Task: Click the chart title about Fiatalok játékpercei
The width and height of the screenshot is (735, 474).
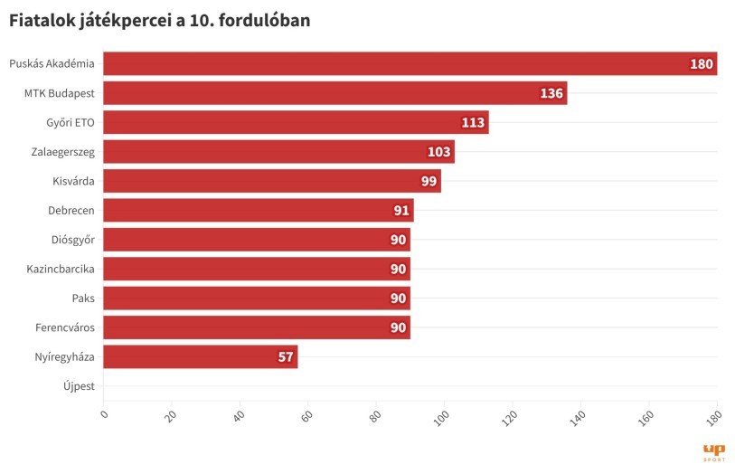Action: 160,20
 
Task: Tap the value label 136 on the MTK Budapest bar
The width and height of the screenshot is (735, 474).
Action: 551,93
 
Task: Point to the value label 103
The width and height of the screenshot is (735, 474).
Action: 438,152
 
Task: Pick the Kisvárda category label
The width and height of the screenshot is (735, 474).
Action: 73,181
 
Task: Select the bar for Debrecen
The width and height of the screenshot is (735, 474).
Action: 258,210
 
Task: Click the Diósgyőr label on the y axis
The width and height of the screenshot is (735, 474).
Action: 72,240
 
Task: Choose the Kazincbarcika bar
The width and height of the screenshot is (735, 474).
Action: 257,269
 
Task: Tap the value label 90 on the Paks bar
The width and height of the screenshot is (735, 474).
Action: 398,299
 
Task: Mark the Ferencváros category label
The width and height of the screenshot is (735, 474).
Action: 65,327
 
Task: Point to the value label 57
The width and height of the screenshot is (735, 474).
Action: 286,357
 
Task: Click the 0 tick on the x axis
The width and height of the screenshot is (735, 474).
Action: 104,415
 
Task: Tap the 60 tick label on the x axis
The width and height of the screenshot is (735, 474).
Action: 307,417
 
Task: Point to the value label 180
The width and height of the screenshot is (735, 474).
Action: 702,64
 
